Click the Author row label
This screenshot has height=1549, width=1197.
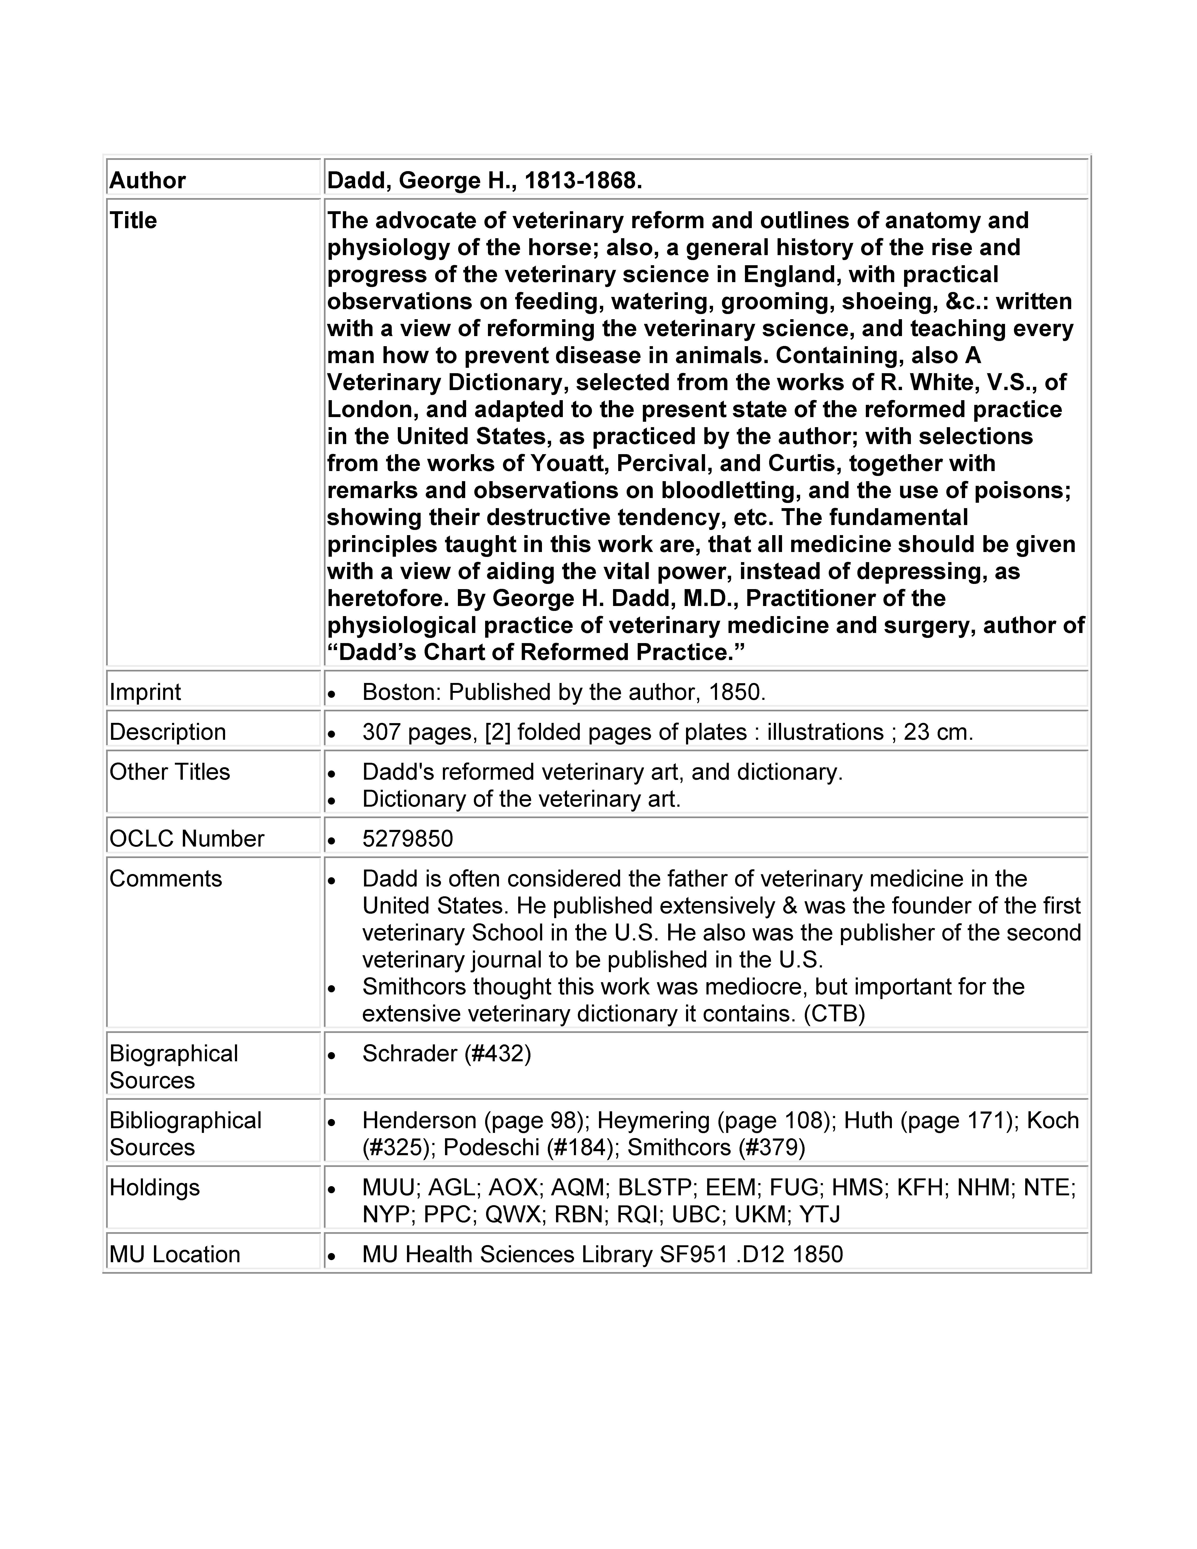(147, 181)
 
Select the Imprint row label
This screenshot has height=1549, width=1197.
(145, 692)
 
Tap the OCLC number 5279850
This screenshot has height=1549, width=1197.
(407, 839)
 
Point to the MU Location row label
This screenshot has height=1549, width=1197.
(174, 1255)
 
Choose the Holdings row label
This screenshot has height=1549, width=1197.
(155, 1188)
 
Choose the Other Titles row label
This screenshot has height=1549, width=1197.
(169, 772)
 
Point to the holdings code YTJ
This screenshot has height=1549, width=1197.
(820, 1215)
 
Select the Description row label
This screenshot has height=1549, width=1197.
(167, 732)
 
